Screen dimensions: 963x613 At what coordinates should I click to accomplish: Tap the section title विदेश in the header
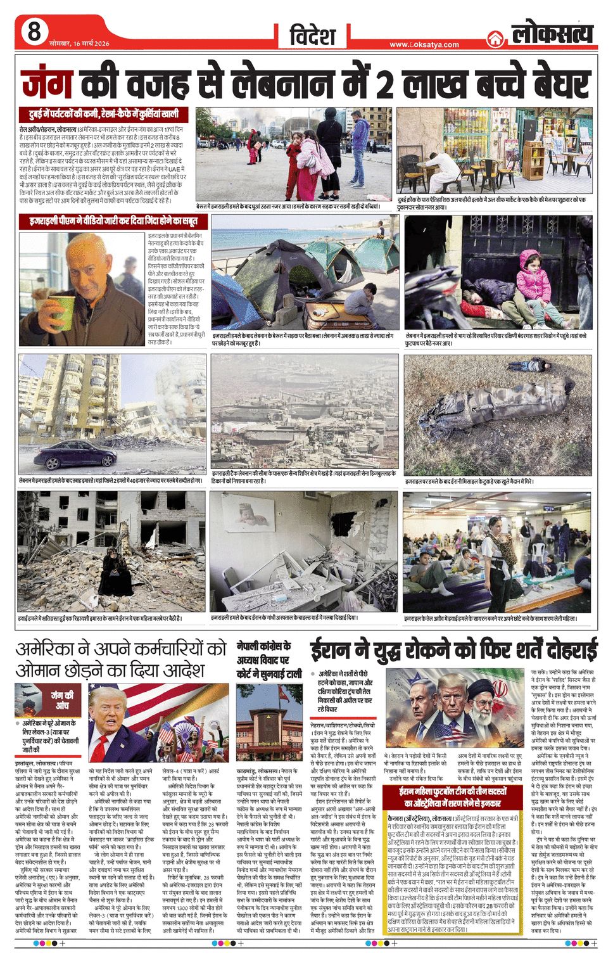(x=312, y=35)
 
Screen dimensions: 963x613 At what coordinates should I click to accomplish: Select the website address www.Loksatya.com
(x=424, y=44)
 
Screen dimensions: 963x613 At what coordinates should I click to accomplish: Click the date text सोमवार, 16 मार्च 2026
(x=79, y=44)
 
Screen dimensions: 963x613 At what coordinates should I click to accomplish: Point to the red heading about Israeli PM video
(x=113, y=221)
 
